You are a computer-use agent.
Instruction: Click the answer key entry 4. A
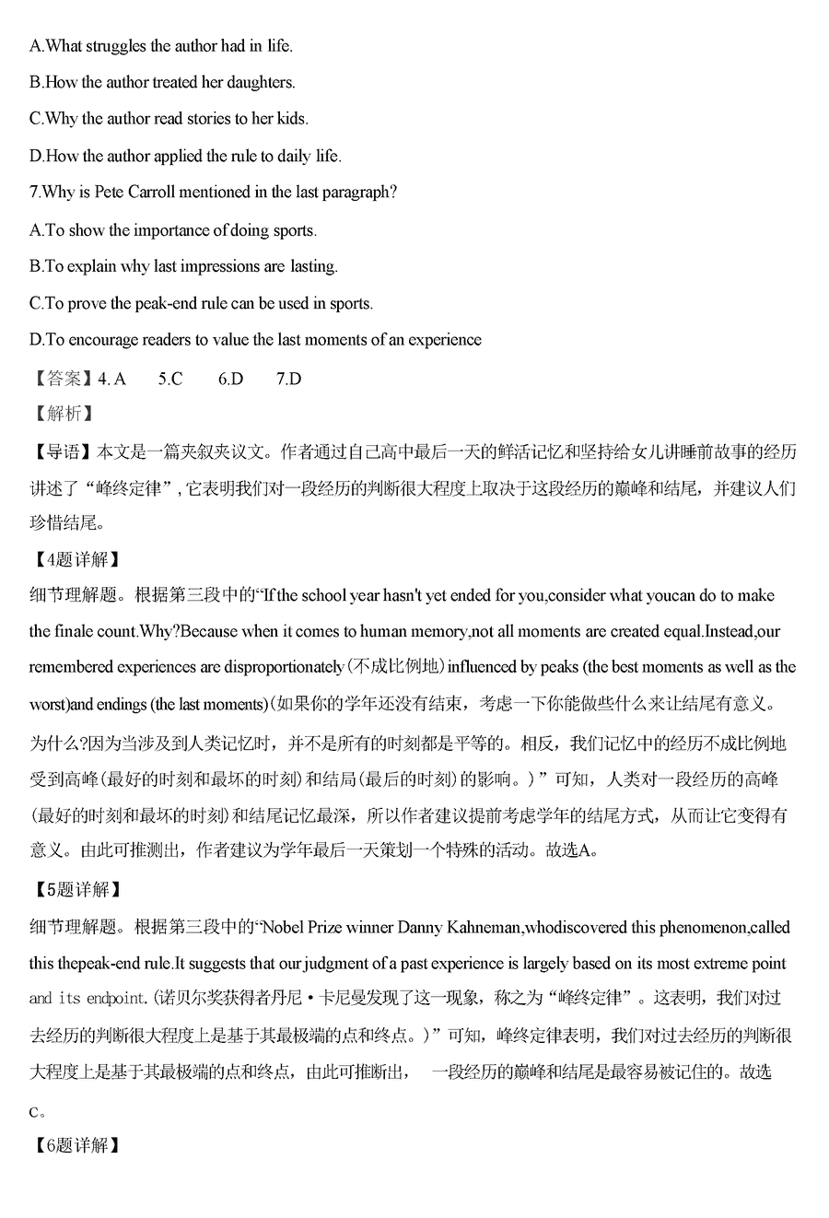[x=111, y=379]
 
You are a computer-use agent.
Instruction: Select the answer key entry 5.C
[x=170, y=379]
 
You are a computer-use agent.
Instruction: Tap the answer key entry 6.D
[x=230, y=379]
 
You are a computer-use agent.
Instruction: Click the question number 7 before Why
[x=34, y=193]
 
